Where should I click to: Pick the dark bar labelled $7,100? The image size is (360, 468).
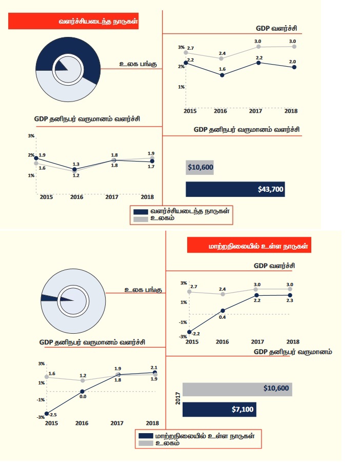click(219, 409)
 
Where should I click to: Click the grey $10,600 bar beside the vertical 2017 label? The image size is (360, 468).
click(237, 389)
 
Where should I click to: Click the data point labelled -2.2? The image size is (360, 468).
click(189, 332)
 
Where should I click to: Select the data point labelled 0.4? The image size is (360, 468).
click(223, 311)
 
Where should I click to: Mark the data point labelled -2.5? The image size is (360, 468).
click(47, 413)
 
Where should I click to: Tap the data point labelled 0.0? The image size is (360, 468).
click(82, 392)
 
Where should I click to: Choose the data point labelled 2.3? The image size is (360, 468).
click(290, 295)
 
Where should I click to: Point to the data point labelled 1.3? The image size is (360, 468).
click(74, 169)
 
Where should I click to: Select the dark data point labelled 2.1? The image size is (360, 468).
click(155, 373)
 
